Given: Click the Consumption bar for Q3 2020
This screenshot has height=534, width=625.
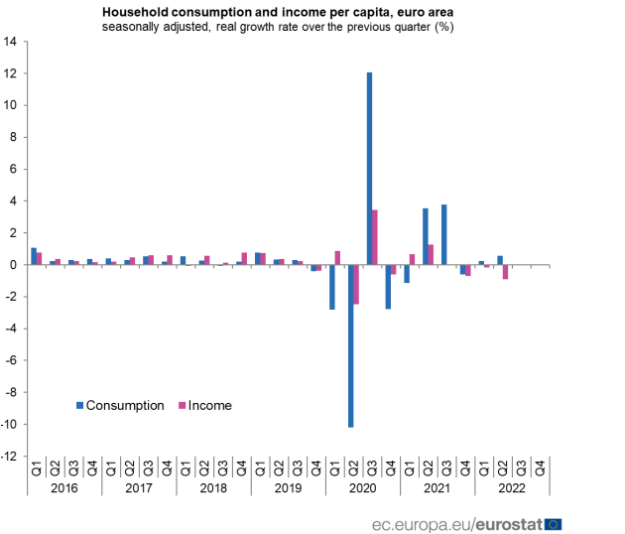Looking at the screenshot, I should (x=369, y=169).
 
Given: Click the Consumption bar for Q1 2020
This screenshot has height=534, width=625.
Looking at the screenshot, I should (x=332, y=287).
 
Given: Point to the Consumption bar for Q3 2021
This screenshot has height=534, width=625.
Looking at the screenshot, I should (x=443, y=234).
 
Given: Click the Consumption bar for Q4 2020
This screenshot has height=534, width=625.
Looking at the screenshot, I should (x=388, y=287).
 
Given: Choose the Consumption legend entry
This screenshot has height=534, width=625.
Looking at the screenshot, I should (x=124, y=405).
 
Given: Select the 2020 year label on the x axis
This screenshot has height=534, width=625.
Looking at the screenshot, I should (x=362, y=488).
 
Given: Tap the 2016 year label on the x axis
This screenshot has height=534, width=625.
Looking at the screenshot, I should (x=64, y=488).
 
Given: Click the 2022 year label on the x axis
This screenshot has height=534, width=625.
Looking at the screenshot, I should (x=512, y=488).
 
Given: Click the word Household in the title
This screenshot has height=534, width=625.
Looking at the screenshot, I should (x=133, y=11).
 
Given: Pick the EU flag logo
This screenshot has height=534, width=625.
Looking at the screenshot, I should (x=553, y=523).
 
